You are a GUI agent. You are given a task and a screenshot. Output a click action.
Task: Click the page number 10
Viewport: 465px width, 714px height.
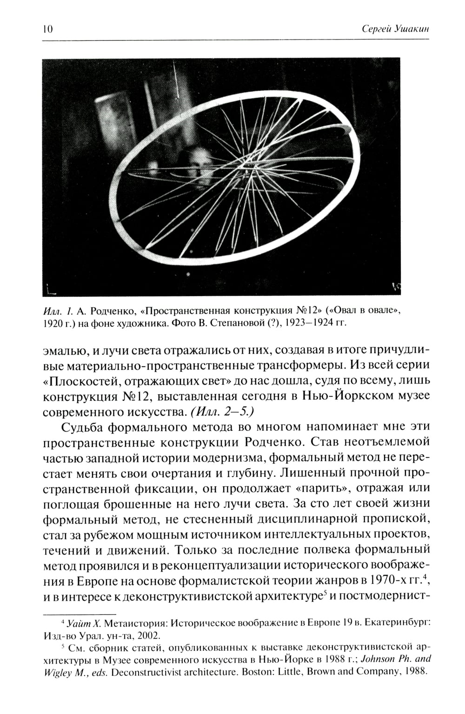pos(48,29)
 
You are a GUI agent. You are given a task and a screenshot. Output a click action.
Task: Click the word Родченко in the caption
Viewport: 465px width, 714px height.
pos(112,310)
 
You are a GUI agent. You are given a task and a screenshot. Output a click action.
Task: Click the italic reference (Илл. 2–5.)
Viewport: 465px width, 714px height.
pos(222,411)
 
